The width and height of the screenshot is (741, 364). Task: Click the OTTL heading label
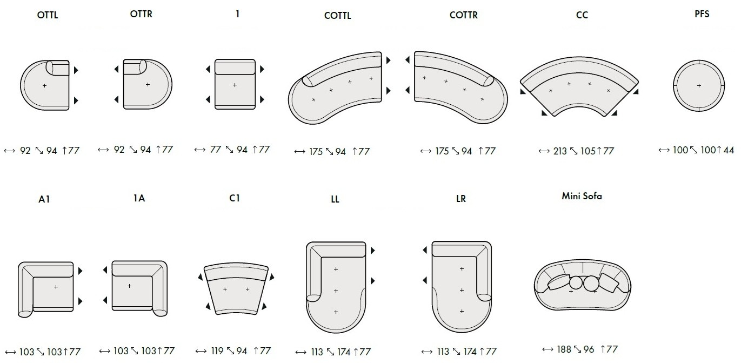click(x=48, y=15)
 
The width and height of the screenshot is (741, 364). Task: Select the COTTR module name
click(x=463, y=15)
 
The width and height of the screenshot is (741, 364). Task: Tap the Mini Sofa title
click(x=582, y=196)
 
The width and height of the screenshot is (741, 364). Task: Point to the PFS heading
click(x=702, y=14)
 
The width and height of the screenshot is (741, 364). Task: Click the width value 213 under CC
click(x=560, y=151)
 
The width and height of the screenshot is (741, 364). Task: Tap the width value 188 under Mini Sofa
click(x=564, y=349)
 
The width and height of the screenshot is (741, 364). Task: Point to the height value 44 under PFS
click(x=729, y=150)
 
